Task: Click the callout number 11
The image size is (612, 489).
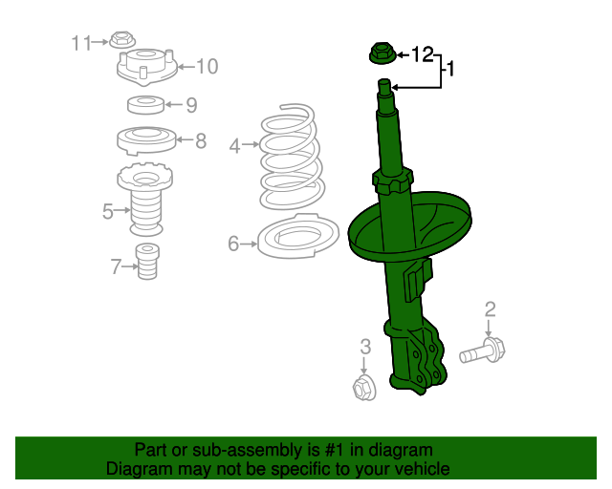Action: [x=80, y=42]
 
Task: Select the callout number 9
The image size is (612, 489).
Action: [x=191, y=105]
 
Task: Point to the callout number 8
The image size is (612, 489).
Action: [x=201, y=141]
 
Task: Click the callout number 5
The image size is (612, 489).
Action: [x=108, y=210]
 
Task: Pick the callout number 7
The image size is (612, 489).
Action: [x=116, y=266]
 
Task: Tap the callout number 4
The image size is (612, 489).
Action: [x=235, y=145]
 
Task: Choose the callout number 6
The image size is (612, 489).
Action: [x=233, y=244]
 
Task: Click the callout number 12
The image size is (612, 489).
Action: [x=422, y=54]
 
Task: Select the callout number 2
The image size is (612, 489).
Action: [x=490, y=308]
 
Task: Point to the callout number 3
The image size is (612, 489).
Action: [x=364, y=346]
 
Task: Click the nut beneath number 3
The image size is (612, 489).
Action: [x=363, y=387]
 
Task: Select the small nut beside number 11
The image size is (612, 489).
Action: [x=120, y=40]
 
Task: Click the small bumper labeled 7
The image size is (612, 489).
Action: [x=147, y=262]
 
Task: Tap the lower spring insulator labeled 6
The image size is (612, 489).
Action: [x=298, y=237]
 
